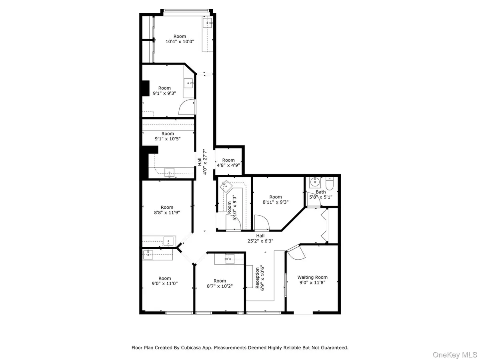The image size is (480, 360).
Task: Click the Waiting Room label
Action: tap(312, 277)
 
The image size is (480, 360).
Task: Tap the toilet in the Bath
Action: tap(329, 184)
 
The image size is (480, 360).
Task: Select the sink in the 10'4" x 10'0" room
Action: tap(208, 22)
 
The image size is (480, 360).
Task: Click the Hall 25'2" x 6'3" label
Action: tap(260, 238)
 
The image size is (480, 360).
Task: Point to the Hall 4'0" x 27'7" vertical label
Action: tap(202, 162)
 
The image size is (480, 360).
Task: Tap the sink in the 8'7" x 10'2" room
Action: tap(230, 259)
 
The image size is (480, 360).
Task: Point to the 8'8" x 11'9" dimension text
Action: tap(167, 213)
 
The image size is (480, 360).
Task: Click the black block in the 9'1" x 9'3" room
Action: tap(146, 88)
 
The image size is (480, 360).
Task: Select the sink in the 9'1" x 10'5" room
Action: tap(170, 173)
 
